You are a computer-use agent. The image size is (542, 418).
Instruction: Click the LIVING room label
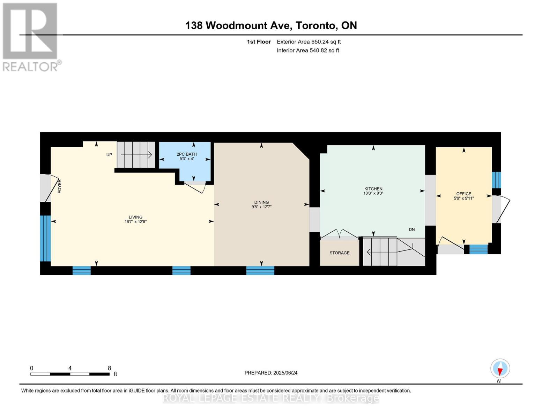[135, 217]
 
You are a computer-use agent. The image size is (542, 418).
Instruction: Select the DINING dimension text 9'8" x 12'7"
[261, 207]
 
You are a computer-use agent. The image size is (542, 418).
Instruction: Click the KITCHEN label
[373, 189]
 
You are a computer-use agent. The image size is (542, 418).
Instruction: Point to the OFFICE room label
[463, 194]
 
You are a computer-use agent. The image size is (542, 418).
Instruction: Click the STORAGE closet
[339, 253]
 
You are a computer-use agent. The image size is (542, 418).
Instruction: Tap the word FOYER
[60, 186]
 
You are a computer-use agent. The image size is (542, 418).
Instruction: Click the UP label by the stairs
[109, 155]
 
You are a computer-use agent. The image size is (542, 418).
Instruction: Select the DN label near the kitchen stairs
[412, 230]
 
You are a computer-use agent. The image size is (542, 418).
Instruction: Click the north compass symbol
[500, 369]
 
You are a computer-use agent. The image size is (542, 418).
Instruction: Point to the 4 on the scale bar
[70, 368]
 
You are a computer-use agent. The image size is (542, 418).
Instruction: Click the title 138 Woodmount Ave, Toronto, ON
[271, 25]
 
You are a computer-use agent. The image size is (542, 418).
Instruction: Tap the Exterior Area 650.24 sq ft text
[309, 42]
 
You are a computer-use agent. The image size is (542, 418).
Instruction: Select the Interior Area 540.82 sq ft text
[308, 51]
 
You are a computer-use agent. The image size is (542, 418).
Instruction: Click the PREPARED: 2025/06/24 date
[271, 373]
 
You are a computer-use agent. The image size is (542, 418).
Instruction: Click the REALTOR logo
[31, 37]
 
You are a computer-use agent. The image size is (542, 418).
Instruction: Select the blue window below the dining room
[260, 270]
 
